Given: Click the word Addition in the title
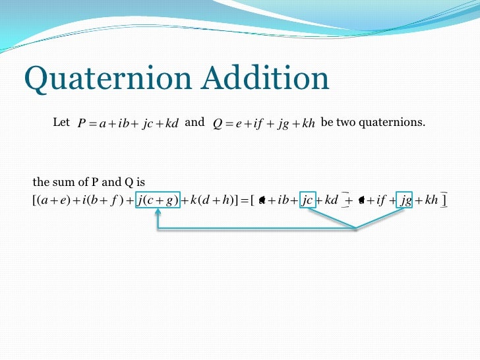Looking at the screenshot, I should [x=266, y=80].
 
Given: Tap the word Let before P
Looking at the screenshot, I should [x=61, y=123].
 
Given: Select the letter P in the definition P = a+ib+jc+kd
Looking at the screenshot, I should [x=82, y=124].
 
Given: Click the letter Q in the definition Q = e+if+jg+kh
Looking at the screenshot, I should [x=218, y=124].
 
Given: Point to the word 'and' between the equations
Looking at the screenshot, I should [x=195, y=123].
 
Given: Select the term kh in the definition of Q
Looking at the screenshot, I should [x=307, y=124].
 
